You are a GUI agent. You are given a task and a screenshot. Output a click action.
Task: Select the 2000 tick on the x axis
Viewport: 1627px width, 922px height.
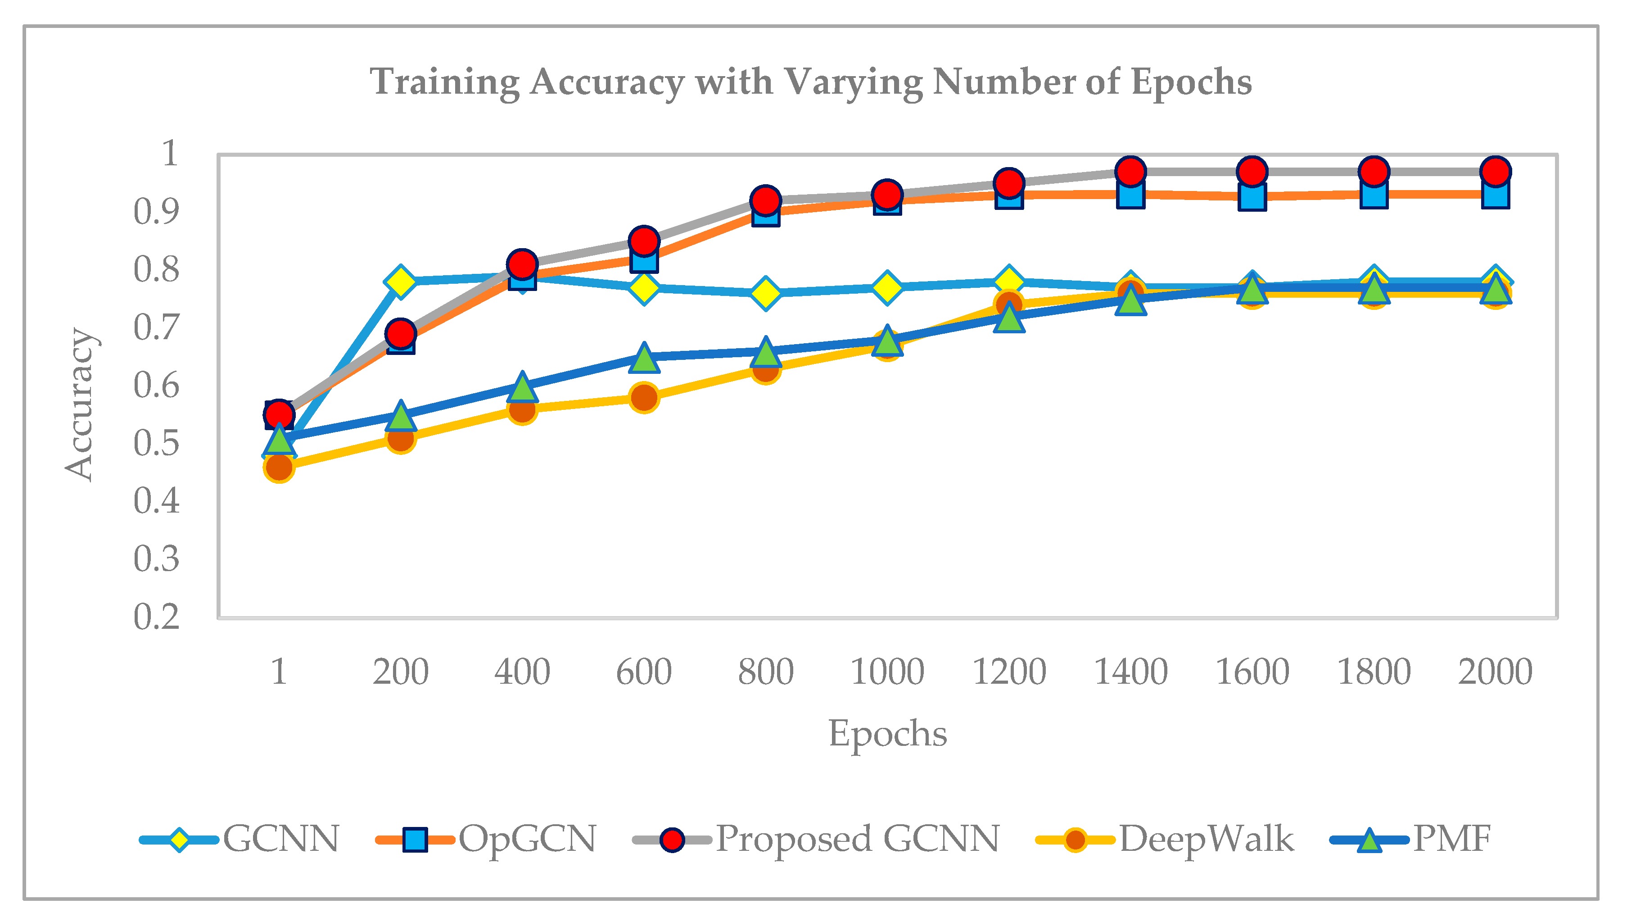point(1495,672)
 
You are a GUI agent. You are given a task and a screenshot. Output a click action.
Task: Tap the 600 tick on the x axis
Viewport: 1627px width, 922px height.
point(644,672)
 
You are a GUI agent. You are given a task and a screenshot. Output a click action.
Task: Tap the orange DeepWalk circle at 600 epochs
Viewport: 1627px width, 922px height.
point(644,398)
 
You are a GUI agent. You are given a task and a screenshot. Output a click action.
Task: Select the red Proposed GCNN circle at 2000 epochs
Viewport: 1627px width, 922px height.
point(1495,172)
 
